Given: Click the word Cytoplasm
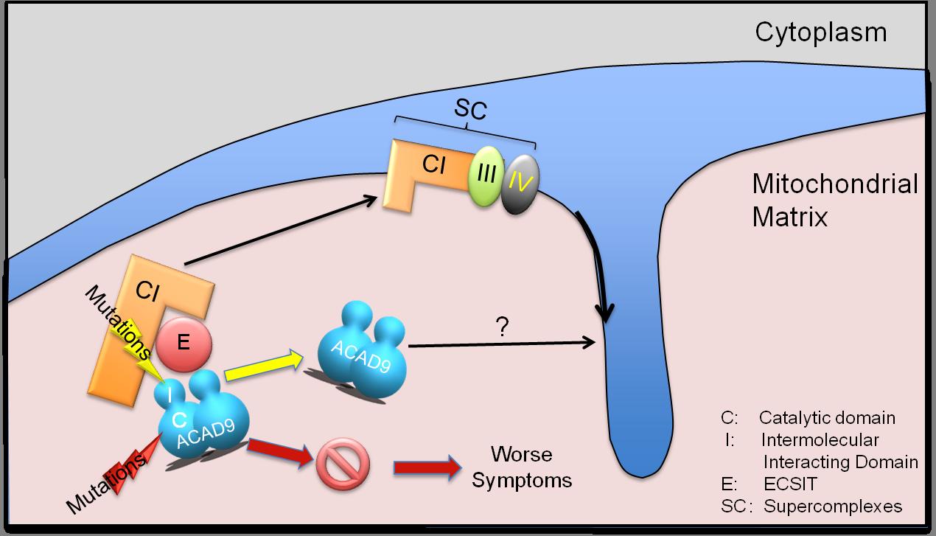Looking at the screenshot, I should [820, 32].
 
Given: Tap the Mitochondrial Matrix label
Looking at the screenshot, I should [835, 200].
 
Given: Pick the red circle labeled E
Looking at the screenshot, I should [184, 344].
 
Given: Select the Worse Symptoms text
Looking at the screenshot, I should [522, 467].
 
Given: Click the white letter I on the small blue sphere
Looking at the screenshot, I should [170, 396].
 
